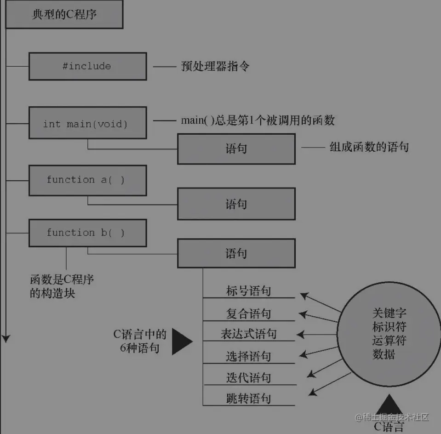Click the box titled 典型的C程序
pyautogui.click(x=64, y=15)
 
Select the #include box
pyautogui.click(x=87, y=66)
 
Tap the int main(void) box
pyautogui.click(x=87, y=123)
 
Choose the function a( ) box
pyautogui.click(x=87, y=180)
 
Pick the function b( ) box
pyautogui.click(x=87, y=233)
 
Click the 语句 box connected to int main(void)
pyautogui.click(x=236, y=149)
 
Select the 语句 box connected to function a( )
pyautogui.click(x=236, y=204)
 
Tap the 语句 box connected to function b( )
pyautogui.click(x=236, y=253)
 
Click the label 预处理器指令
pyautogui.click(x=215, y=66)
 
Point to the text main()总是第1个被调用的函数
pyautogui.click(x=258, y=120)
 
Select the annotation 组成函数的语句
pyautogui.click(x=369, y=147)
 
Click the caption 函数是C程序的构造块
pyautogui.click(x=62, y=286)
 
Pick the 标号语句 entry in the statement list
pyautogui.click(x=248, y=291)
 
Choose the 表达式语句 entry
pyautogui.click(x=248, y=334)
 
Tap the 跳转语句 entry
pyautogui.click(x=248, y=398)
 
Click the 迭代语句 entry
pyautogui.click(x=248, y=377)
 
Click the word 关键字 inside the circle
pyautogui.click(x=389, y=314)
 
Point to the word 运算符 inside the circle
pyautogui.click(x=389, y=341)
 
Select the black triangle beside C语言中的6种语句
pyautogui.click(x=181, y=341)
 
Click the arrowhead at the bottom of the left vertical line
pyautogui.click(x=6, y=338)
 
